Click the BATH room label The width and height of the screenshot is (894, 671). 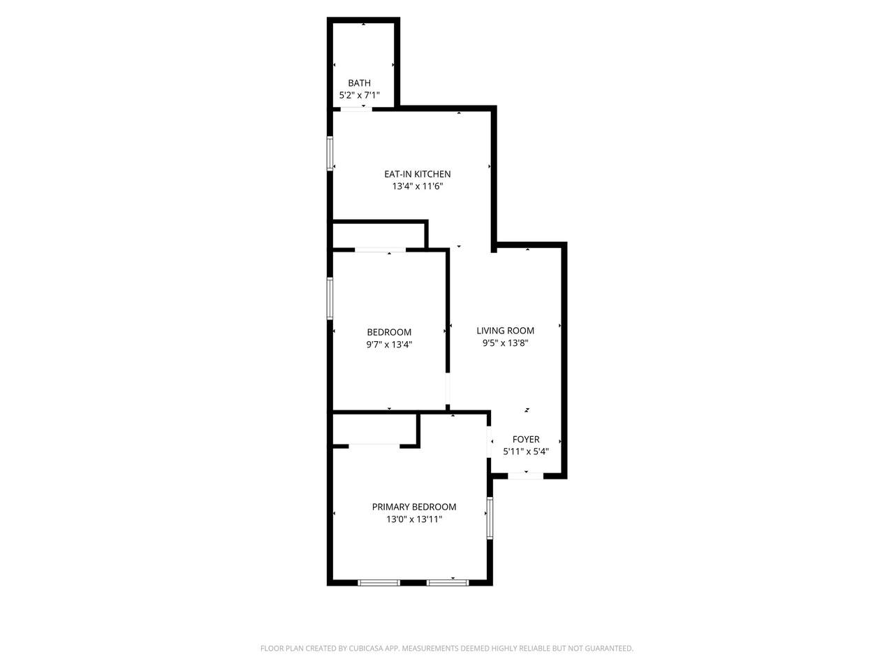[x=359, y=83]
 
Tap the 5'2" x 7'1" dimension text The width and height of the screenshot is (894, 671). [x=359, y=95]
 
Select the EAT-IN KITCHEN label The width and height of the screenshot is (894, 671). [x=418, y=174]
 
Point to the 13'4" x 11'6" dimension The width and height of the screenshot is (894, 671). [x=418, y=187]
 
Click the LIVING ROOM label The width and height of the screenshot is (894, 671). [x=506, y=331]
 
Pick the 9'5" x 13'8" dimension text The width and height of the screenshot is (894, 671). [x=506, y=343]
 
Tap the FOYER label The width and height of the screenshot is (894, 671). [x=526, y=440]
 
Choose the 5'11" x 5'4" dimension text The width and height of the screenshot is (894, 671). [x=526, y=452]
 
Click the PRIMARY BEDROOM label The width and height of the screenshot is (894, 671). [x=413, y=507]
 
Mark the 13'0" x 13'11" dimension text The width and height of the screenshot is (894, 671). [x=413, y=519]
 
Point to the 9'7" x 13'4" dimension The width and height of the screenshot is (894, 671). [x=389, y=345]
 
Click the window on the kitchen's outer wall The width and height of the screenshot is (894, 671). [x=330, y=154]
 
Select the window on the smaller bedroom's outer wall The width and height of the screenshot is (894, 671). [x=330, y=298]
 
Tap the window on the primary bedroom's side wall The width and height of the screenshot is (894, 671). [x=490, y=517]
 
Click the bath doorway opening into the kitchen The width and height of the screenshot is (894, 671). [x=356, y=109]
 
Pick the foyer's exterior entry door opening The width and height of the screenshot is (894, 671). [x=526, y=476]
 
